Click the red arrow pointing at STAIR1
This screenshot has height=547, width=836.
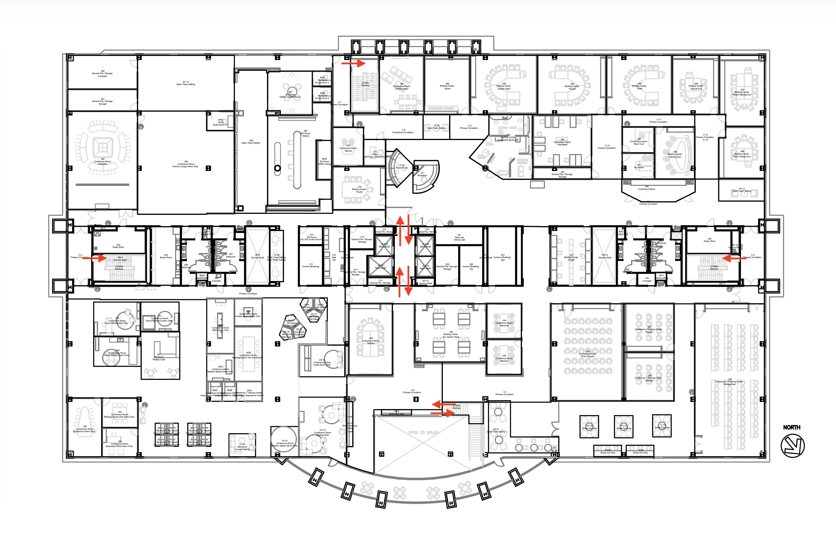(353, 63)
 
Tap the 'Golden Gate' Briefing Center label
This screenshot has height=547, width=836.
(504, 86)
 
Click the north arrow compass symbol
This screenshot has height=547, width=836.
(793, 446)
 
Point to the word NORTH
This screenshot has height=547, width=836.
(792, 427)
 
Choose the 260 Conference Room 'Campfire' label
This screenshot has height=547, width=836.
(102, 161)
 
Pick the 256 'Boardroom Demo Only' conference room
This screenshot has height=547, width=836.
(84, 429)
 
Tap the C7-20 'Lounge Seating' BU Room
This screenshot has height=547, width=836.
(242, 447)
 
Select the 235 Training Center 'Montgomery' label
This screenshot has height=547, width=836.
(730, 382)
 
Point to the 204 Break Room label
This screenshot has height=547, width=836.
(166, 256)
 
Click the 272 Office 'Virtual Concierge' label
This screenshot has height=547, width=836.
(375, 154)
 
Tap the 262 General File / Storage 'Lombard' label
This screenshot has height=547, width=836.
(102, 73)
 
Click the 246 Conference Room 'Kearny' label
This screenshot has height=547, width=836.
(371, 341)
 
